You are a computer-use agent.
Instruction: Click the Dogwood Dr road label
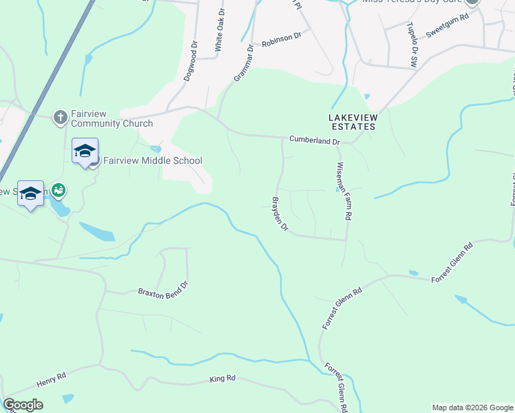coord(191,63)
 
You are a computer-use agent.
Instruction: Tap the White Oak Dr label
coord(219,30)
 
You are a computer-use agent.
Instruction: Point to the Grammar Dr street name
coord(244,63)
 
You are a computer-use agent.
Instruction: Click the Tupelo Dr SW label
coord(412,43)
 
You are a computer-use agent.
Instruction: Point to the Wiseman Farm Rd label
coord(344,191)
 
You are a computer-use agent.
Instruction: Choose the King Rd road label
coord(222,379)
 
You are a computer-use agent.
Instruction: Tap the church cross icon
coord(61,118)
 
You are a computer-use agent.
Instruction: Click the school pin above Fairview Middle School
coord(85,152)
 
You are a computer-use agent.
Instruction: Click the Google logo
coord(23,405)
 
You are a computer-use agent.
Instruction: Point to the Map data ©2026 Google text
coord(472,407)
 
